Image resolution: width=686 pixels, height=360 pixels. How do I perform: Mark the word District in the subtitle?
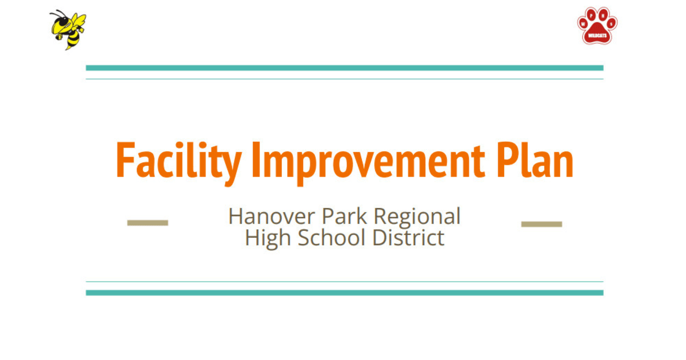click(408, 238)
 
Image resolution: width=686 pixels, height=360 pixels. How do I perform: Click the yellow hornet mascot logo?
click(68, 29)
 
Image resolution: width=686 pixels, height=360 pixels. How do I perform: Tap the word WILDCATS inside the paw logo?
click(597, 35)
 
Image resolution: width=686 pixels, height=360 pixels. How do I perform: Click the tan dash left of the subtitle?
click(147, 223)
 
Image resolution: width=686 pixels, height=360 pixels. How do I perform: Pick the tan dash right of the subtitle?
click(541, 224)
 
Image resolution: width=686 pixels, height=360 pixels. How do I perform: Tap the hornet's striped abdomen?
click(73, 38)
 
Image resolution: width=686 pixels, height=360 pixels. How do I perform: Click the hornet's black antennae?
click(58, 14)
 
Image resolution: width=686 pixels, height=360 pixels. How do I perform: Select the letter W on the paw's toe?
click(583, 23)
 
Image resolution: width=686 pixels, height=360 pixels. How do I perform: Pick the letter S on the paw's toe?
click(612, 23)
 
